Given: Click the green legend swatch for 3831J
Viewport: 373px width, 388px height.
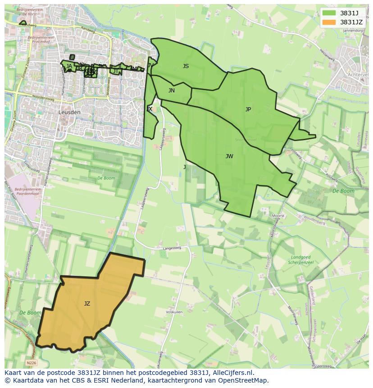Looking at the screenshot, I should click(329, 13).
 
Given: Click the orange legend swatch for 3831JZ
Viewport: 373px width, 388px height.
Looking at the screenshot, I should click(329, 22).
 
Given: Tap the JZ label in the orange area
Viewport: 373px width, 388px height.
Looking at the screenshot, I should click(87, 304).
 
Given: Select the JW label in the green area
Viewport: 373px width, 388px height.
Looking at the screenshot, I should click(229, 156).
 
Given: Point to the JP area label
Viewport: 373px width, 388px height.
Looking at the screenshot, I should click(248, 110).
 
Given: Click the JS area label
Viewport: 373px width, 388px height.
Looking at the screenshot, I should click(186, 66).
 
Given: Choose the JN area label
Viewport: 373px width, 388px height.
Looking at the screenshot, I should click(172, 91).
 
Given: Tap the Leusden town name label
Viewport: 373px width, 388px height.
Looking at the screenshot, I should click(69, 112).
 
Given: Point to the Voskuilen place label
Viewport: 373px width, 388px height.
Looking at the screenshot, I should click(174, 312).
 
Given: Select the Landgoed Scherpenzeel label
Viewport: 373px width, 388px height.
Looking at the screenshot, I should click(299, 260).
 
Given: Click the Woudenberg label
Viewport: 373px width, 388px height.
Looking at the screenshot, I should click(314, 222).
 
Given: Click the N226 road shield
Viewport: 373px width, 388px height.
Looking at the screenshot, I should click(31, 363).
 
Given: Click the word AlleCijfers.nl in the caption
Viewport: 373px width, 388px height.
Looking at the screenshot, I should click(233, 373).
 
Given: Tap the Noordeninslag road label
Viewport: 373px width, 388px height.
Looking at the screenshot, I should click(43, 97).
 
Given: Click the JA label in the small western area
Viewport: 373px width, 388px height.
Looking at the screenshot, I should click(69, 66).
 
